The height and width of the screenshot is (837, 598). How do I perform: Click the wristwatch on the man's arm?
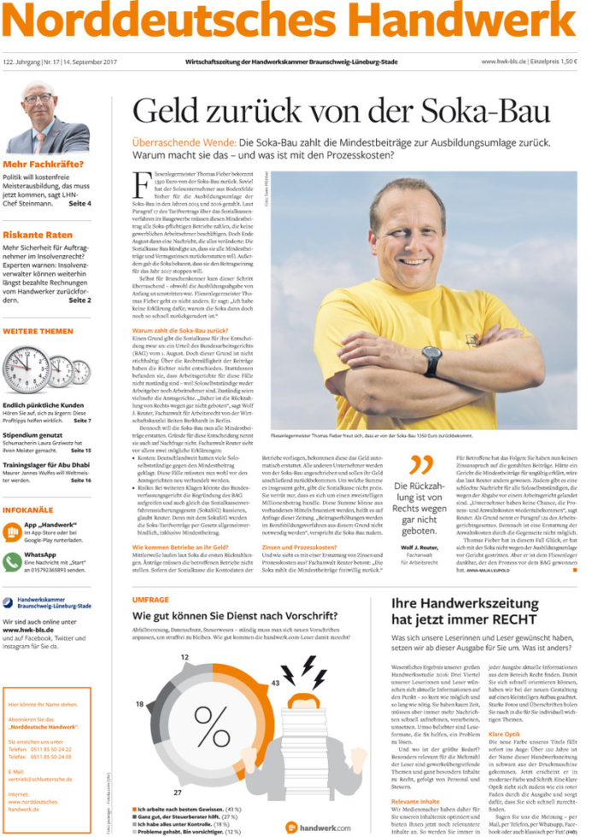[432, 362]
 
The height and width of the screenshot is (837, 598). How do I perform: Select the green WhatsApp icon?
[12, 560]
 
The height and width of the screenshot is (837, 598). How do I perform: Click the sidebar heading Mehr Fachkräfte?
[43, 165]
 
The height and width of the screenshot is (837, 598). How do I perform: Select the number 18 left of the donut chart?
[140, 705]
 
